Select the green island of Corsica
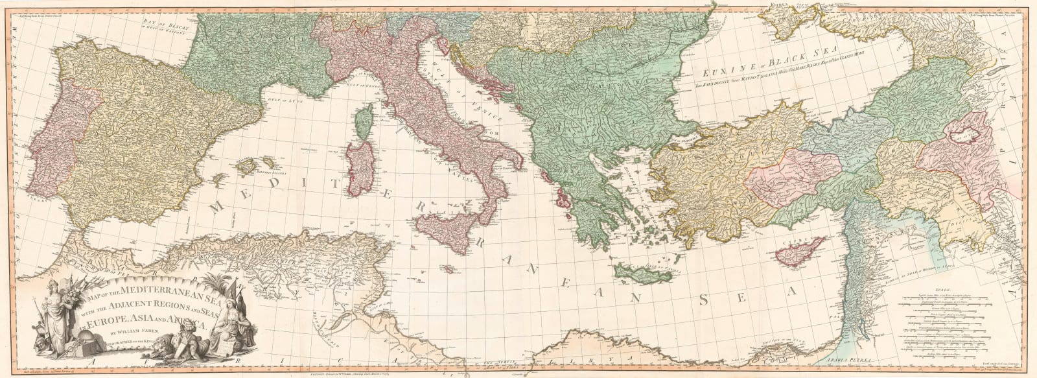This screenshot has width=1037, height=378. tap(364, 123)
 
